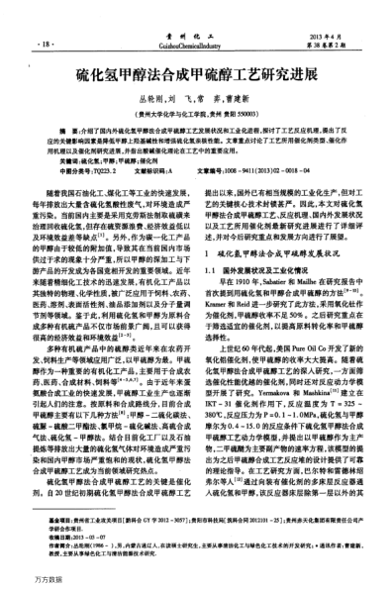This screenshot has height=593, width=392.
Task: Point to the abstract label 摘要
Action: (x=68, y=130)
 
